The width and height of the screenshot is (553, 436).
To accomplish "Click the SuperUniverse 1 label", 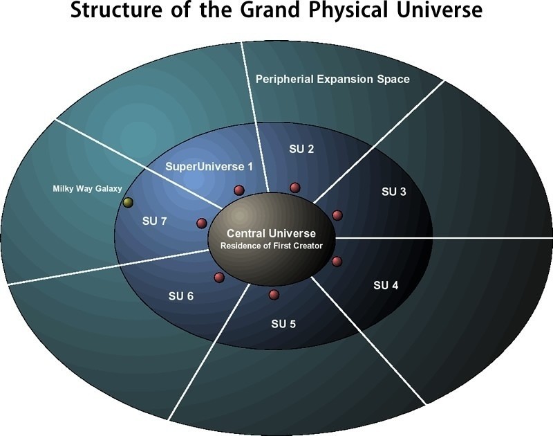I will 209,167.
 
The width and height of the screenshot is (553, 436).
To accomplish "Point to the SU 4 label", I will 386,284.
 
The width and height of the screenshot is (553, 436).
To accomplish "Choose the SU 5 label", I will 283,323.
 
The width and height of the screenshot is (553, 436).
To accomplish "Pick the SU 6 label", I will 181,296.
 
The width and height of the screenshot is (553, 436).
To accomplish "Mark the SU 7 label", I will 154,221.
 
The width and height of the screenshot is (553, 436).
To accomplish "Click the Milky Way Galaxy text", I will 87,188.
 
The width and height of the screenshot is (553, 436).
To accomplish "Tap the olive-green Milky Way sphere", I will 128,203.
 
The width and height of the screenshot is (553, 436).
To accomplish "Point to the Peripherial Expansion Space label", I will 332,79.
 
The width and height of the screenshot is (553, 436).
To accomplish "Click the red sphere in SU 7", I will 202,223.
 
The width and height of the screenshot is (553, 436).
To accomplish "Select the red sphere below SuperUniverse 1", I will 239,190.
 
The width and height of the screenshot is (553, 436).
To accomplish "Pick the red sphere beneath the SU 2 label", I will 295,187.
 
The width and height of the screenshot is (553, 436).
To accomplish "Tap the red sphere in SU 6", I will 219,278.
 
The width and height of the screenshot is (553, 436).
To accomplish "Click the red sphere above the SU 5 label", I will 274,295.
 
